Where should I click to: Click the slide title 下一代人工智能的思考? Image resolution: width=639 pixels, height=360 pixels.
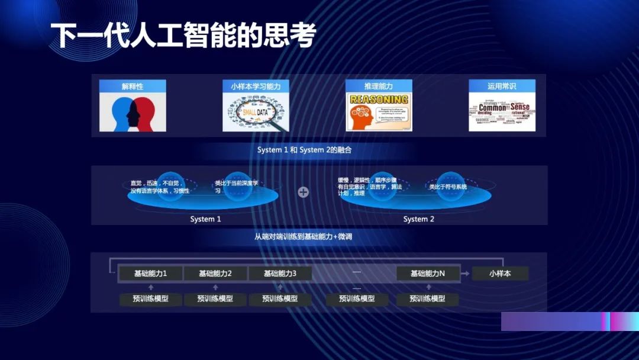(x=183, y=36)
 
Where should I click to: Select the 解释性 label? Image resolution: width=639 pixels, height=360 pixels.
(x=133, y=86)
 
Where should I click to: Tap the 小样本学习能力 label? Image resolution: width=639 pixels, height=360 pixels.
(x=256, y=86)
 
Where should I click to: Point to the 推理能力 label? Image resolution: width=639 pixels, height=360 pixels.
(x=379, y=86)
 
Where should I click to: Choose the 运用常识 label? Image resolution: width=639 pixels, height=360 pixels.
(x=502, y=86)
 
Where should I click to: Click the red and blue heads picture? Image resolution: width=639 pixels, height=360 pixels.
(x=133, y=112)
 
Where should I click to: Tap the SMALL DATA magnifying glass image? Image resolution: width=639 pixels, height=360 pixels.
(x=256, y=112)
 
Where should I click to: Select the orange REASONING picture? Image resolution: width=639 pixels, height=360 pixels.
(x=379, y=112)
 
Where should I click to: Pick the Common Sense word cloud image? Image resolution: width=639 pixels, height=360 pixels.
(x=502, y=112)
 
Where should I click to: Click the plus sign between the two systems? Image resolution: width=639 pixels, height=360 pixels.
(x=304, y=192)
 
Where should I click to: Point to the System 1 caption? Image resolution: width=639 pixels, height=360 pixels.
(x=205, y=219)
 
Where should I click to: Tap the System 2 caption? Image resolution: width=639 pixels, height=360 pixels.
(x=419, y=219)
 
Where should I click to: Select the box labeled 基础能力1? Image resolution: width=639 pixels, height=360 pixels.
(x=150, y=274)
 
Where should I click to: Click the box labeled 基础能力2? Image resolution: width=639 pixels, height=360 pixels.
(x=215, y=274)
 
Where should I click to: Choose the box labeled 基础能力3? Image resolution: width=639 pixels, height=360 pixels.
(x=280, y=274)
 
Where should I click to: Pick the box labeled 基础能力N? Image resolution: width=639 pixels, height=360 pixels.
(x=428, y=274)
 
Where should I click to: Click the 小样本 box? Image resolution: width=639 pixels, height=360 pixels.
(x=500, y=274)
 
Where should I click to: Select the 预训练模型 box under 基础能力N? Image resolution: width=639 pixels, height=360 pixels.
(x=428, y=299)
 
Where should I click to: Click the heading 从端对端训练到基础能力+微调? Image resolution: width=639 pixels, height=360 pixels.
(x=304, y=237)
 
